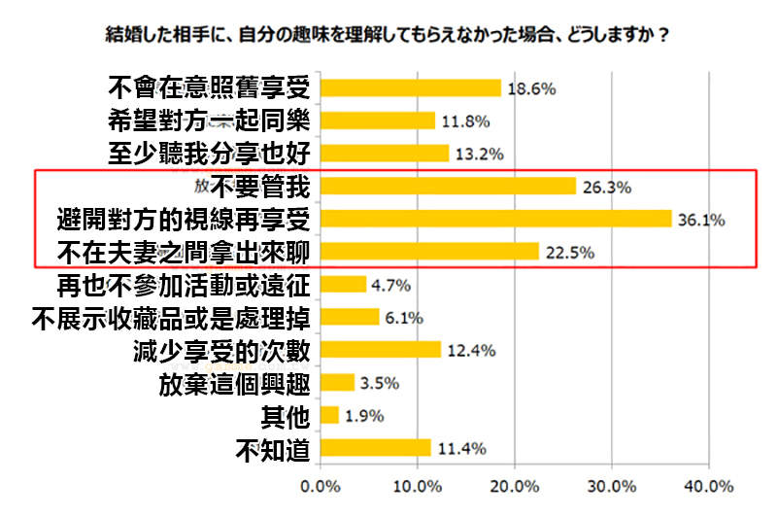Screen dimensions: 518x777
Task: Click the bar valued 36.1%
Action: pyautogui.click(x=495, y=219)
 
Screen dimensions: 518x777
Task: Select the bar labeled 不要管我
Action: pyautogui.click(x=448, y=186)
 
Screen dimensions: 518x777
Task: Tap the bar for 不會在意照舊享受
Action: pyautogui.click(x=410, y=88)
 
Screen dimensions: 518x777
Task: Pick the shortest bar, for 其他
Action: pyautogui.click(x=329, y=416)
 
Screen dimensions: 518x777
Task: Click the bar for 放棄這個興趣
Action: pyautogui.click(x=337, y=382)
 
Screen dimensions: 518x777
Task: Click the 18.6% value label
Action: pyautogui.click(x=531, y=89)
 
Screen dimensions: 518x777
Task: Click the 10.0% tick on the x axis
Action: pyautogui.click(x=417, y=485)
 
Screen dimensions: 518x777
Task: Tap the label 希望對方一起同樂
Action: pyautogui.click(x=209, y=121)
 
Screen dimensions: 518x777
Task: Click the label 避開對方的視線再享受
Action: pyautogui.click(x=184, y=219)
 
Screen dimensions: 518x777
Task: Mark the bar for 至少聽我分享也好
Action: pyautogui.click(x=384, y=154)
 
